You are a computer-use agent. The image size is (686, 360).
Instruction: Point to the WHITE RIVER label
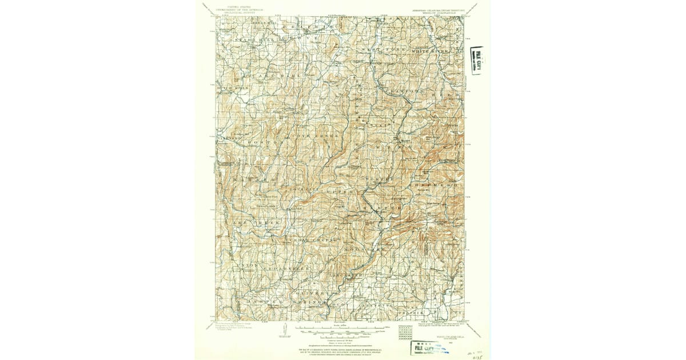tap(430, 50)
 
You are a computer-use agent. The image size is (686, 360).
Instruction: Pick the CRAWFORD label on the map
tap(405, 91)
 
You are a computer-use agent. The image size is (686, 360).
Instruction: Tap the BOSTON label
tap(263, 139)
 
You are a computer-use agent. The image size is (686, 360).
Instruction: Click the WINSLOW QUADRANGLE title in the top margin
tap(438, 12)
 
